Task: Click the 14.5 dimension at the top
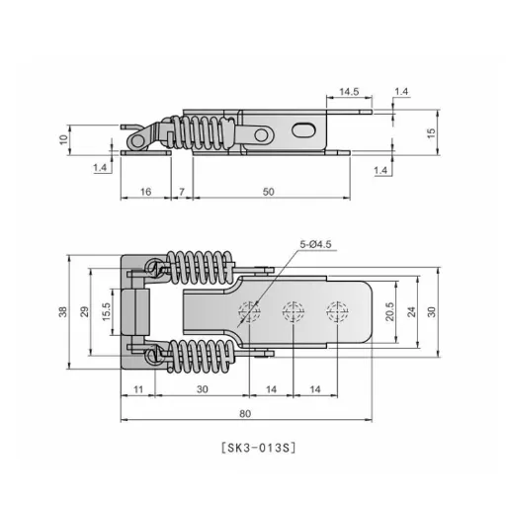click(x=349, y=91)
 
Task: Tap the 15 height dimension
click(x=431, y=132)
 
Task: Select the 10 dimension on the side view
click(x=63, y=139)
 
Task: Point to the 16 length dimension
click(x=145, y=192)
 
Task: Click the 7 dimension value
click(x=182, y=192)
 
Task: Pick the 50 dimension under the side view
click(x=268, y=192)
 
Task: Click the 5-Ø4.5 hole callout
click(x=315, y=244)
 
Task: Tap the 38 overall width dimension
click(x=62, y=311)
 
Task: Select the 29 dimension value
click(x=85, y=311)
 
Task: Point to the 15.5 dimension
click(x=106, y=311)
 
